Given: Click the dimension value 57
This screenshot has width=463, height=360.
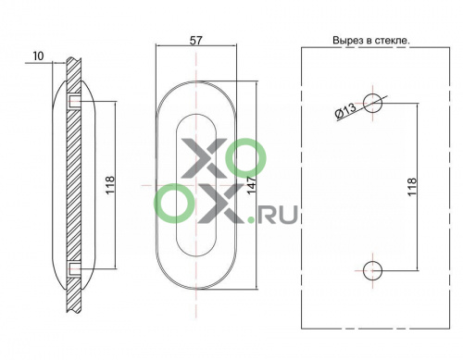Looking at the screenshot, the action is click(195, 41).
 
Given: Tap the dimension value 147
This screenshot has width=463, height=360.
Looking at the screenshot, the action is click(252, 185).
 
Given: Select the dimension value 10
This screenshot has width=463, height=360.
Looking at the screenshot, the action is click(39, 56).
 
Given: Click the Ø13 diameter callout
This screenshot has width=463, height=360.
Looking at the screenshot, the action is click(345, 111).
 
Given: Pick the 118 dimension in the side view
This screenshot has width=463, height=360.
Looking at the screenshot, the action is click(110, 185).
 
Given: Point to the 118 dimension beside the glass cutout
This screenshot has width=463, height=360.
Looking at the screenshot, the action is click(412, 187).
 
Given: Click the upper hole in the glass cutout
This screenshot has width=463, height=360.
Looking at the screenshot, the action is click(372, 103).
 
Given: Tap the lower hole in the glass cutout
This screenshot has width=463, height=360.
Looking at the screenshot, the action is click(372, 270).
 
